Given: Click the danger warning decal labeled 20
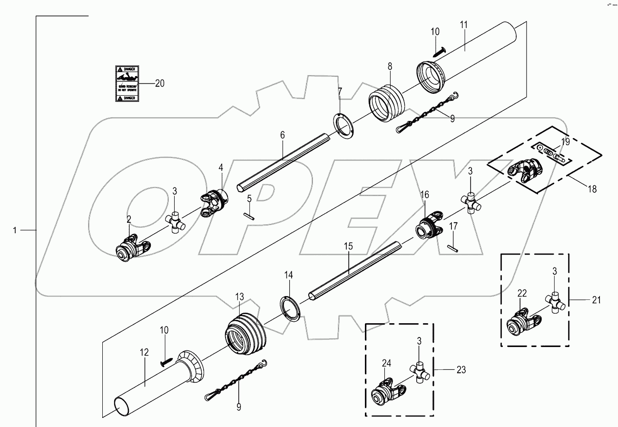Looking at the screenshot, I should [126, 83].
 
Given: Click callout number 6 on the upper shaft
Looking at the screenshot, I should [282, 135].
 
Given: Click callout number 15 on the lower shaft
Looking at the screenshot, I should [348, 246].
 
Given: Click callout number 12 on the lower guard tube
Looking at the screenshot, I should [144, 352].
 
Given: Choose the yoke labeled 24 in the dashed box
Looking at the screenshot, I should [387, 391].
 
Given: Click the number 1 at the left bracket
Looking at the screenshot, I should [15, 230].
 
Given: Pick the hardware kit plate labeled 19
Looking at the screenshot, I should [551, 153].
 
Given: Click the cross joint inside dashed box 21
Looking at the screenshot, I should [554, 302].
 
